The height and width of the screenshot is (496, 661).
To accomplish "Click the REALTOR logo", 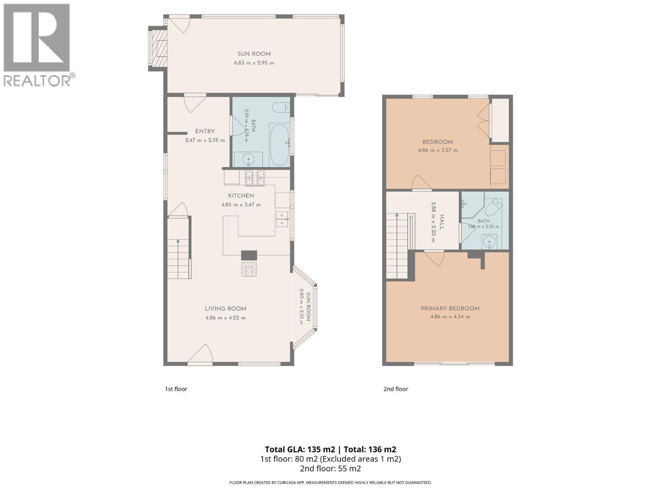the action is (39, 45).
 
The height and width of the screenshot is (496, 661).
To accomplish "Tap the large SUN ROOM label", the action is (254, 54).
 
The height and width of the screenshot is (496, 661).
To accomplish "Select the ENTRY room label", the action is (205, 131).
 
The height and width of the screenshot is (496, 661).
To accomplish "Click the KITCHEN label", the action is (241, 196).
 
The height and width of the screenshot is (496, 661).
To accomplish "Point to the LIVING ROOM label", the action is (226, 309).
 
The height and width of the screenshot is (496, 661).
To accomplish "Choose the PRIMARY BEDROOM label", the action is (450, 308).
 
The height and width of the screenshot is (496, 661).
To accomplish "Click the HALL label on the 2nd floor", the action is (442, 222).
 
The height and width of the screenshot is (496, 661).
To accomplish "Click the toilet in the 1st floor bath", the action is (281, 107).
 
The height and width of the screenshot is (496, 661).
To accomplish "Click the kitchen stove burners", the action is (255, 178).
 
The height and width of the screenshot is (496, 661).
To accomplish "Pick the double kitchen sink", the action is (282, 219).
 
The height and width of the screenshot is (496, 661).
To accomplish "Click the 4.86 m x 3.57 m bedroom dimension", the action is (437, 150).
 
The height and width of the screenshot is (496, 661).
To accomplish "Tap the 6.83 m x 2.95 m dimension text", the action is (254, 63).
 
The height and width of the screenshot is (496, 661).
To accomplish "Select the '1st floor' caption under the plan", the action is (176, 389).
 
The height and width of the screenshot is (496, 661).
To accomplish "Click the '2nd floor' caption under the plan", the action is (395, 389).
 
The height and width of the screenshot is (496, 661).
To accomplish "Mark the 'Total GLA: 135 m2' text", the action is (300, 449).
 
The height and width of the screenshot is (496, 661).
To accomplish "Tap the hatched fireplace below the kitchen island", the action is (249, 269).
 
